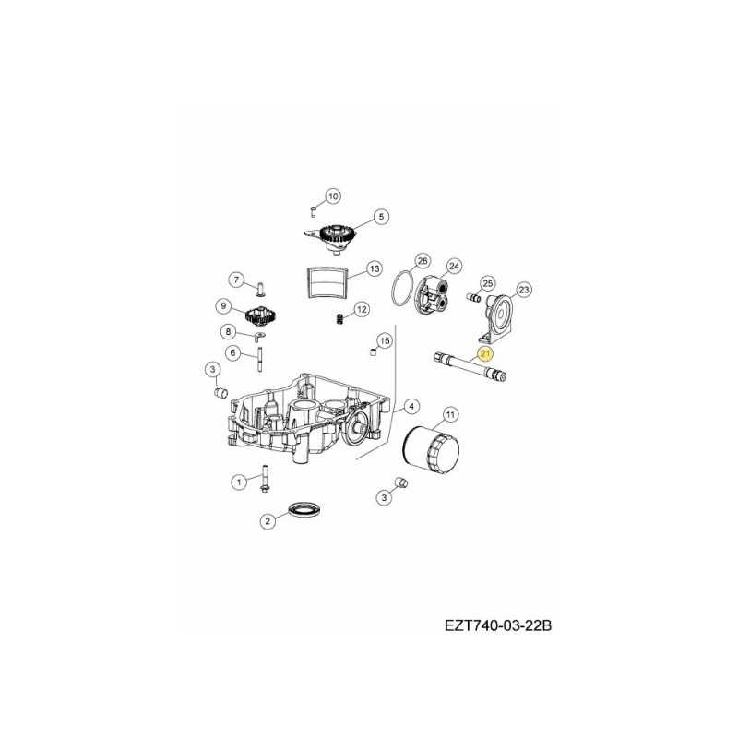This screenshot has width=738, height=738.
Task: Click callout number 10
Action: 332,196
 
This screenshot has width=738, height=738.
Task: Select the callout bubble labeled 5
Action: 379,219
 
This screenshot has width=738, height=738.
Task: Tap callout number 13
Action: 373,268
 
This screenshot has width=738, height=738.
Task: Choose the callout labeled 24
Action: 453,266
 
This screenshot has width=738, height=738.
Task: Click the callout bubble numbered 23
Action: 523,290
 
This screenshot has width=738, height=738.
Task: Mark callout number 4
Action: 410,405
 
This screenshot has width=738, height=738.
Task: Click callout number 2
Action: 268,521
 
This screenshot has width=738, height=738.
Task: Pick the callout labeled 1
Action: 239,481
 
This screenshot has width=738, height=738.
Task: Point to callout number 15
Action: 384,340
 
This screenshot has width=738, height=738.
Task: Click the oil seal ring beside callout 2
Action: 302,508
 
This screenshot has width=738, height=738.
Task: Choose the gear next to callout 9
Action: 261,316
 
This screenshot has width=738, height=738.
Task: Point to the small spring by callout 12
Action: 339,318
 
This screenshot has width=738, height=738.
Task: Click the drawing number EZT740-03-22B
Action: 498,625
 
